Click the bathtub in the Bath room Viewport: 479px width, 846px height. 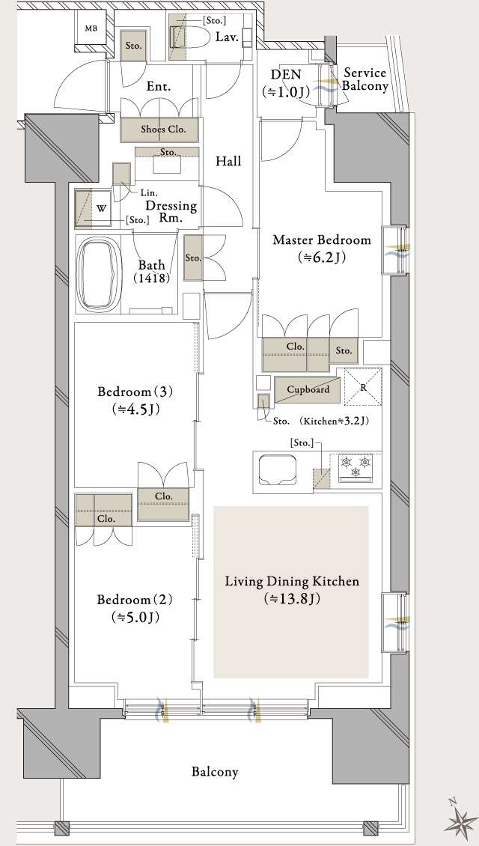click(100, 274)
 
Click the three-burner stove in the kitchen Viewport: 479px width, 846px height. click(356, 467)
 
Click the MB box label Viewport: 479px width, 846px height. click(91, 29)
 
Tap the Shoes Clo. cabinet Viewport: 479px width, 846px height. click(162, 129)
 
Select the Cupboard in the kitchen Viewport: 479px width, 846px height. click(308, 389)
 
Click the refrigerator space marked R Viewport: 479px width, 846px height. click(363, 387)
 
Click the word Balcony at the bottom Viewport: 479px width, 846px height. click(214, 771)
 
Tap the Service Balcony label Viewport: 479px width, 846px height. click(365, 79)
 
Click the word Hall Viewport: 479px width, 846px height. click(228, 161)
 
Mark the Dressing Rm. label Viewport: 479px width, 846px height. click(171, 212)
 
